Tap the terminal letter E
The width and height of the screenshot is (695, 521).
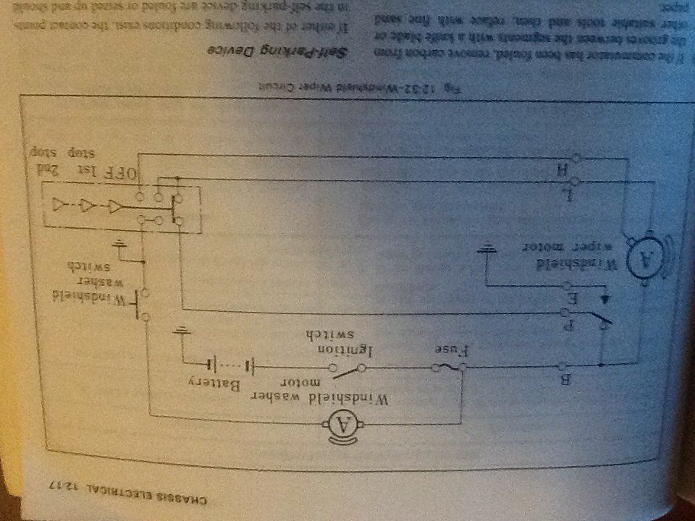click(572, 297)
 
